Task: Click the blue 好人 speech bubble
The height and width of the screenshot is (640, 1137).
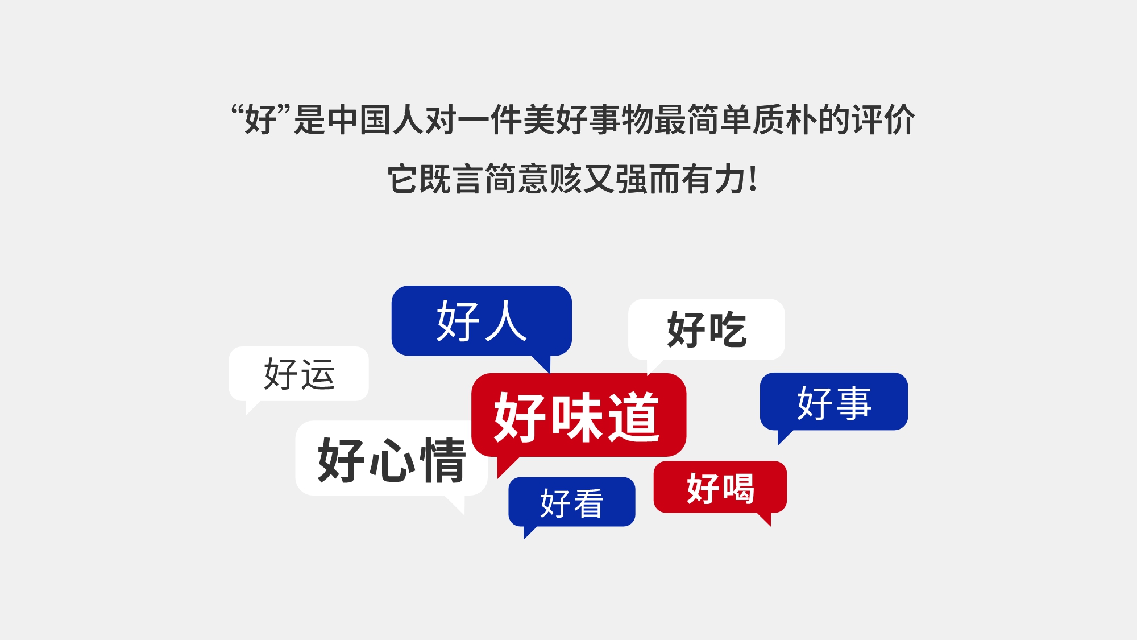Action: coord(482,320)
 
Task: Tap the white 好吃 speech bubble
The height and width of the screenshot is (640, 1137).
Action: coord(706,329)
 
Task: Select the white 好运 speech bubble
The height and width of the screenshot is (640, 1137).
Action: coord(299,374)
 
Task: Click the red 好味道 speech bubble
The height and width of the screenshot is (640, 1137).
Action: coord(578,415)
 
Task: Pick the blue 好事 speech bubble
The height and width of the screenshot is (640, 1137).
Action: coord(833,402)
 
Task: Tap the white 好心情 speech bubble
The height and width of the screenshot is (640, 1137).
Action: coord(391,459)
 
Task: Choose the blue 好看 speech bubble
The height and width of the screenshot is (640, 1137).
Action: coord(571,502)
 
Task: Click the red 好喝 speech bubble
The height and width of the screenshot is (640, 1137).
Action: coord(720,487)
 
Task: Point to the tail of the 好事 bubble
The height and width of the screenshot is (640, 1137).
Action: coord(783,436)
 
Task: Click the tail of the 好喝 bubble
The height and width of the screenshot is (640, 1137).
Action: coord(765,518)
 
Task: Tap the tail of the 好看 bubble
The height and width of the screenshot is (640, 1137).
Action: coord(528,531)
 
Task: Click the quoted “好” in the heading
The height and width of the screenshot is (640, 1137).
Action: coord(261,119)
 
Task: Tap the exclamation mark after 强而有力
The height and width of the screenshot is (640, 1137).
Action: coord(753,179)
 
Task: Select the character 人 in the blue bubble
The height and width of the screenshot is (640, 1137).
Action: coord(505,321)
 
